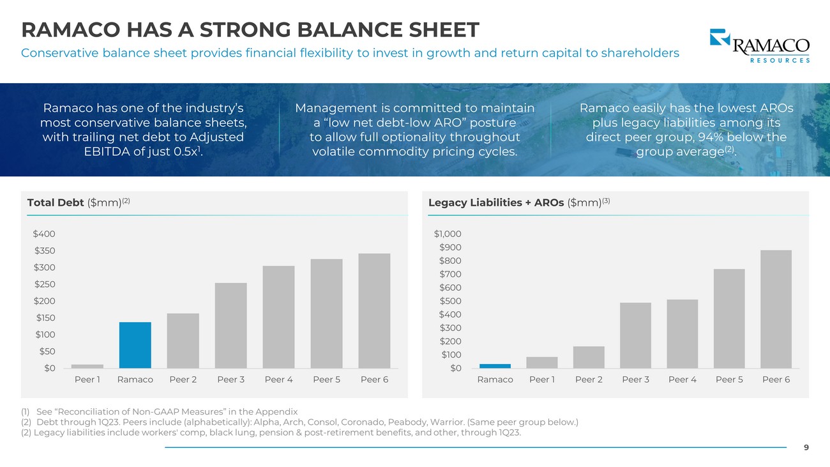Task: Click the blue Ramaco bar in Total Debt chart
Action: [135, 345]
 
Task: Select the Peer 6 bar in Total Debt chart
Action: [374, 310]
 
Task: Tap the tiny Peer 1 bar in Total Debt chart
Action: [87, 366]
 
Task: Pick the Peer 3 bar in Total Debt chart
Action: [231, 325]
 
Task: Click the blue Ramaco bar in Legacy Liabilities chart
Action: [495, 366]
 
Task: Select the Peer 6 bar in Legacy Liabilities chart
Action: [776, 309]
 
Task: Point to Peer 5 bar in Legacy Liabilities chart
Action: [729, 318]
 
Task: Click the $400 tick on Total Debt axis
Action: [44, 234]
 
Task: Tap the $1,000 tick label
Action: [448, 234]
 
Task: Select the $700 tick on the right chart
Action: [450, 275]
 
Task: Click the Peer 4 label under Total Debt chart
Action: [278, 379]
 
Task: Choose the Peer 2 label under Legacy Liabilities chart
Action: [589, 379]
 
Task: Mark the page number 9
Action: [806, 448]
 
